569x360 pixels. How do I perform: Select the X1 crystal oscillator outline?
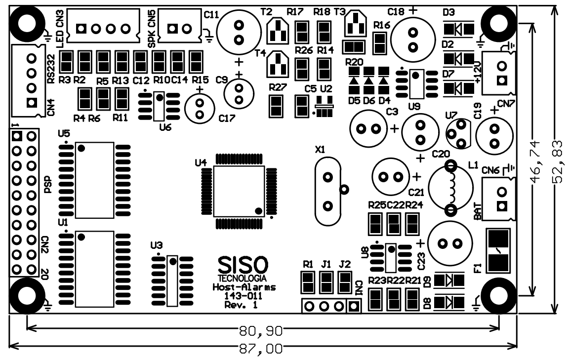(326, 190)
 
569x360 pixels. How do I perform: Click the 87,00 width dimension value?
(260, 349)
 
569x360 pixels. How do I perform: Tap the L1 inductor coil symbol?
(449, 188)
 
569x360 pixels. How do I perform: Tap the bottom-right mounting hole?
(499, 295)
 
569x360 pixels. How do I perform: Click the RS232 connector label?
(50, 73)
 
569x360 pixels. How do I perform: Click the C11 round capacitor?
(238, 32)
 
